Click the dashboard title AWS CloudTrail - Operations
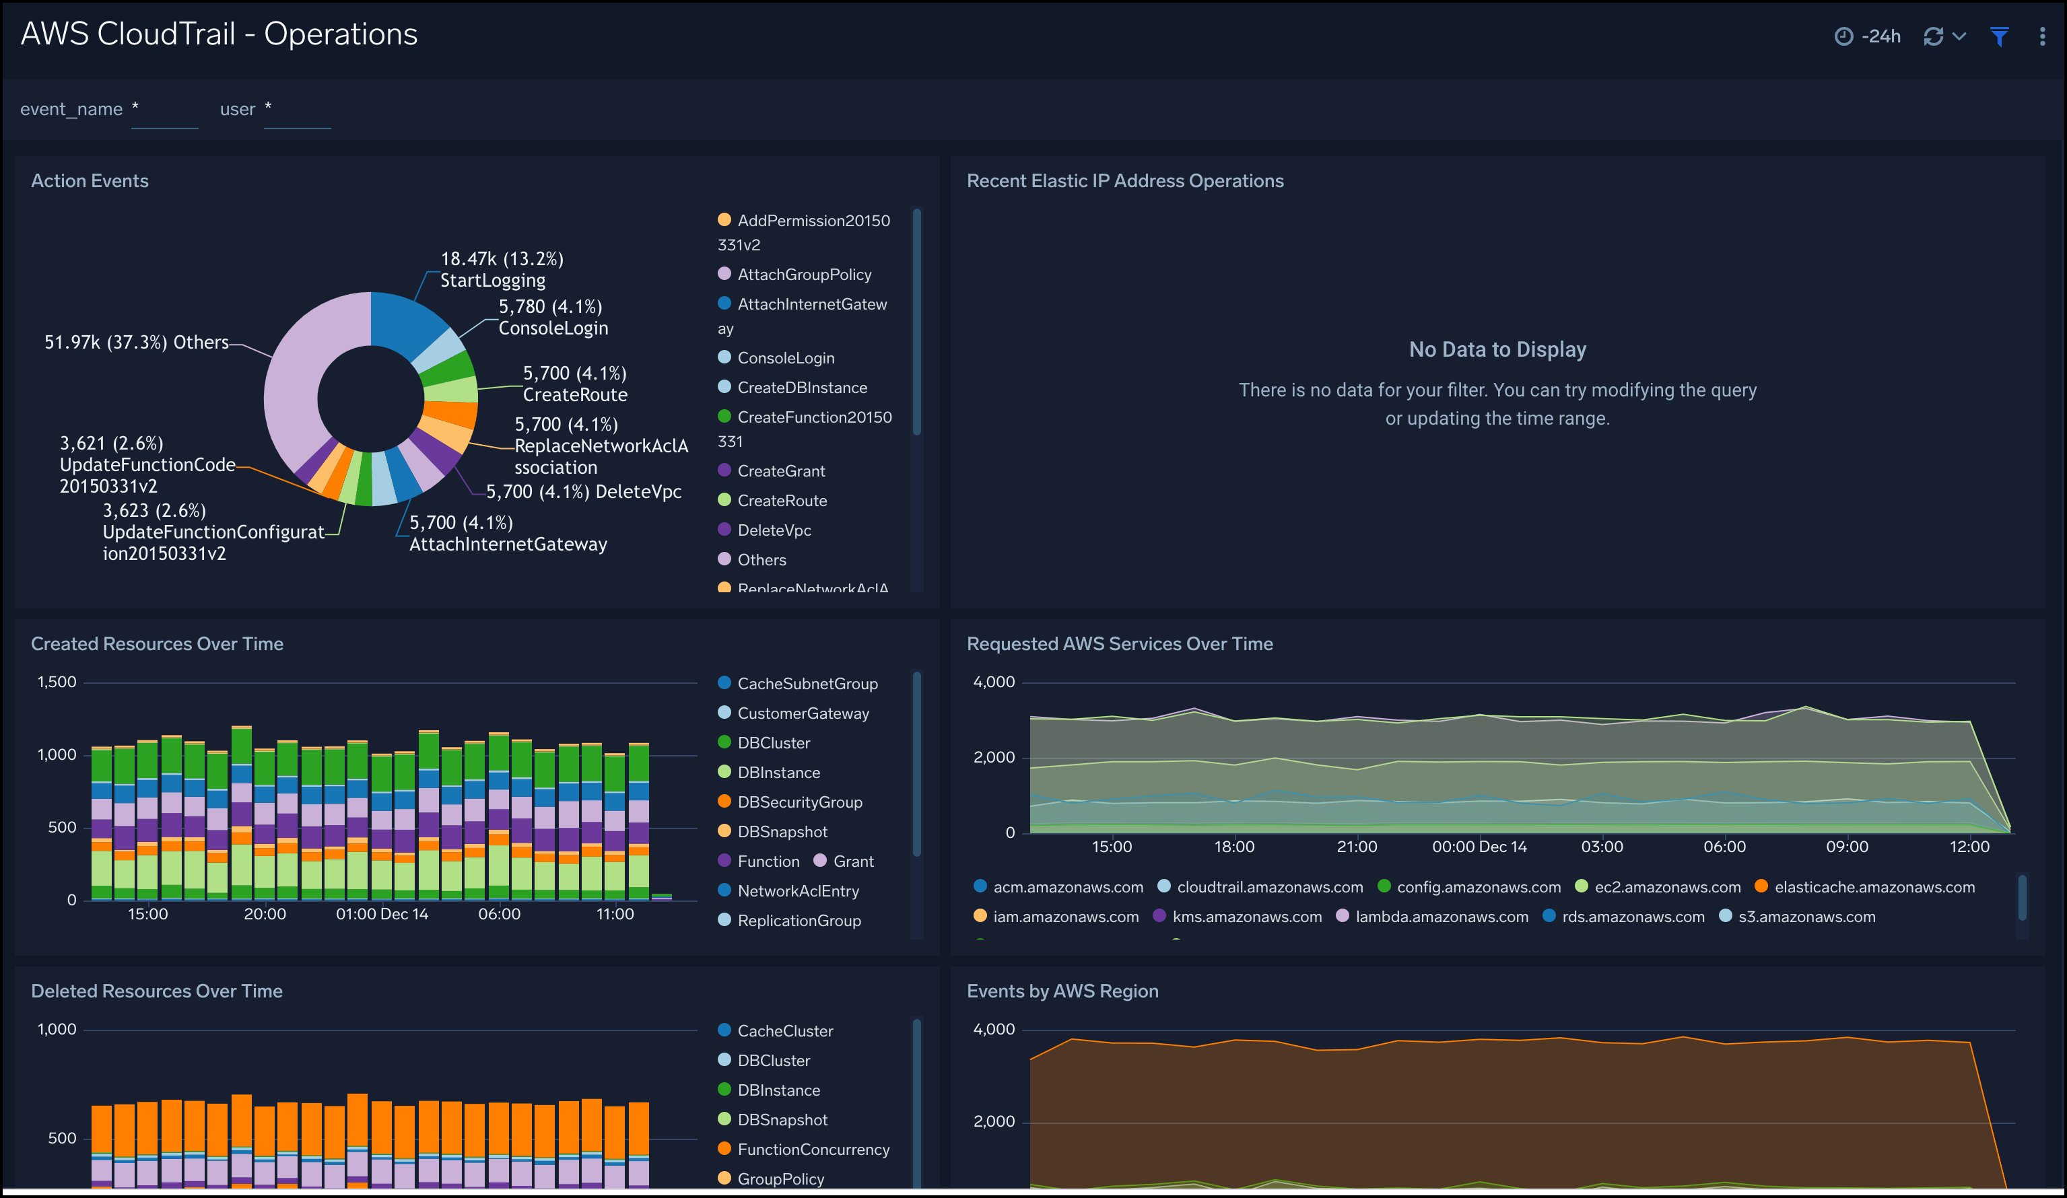(219, 34)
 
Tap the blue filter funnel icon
(1999, 36)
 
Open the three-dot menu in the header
(2041, 36)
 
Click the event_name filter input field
(164, 110)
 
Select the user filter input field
(297, 110)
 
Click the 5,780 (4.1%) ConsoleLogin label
(552, 317)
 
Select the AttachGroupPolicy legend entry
(804, 275)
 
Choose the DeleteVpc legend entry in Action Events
(774, 530)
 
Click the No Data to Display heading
(1497, 349)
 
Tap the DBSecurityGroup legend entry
(799, 802)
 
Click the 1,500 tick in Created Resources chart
(57, 682)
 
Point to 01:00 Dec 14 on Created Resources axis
(382, 913)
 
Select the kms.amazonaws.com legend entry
(1246, 917)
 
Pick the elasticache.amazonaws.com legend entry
(1873, 887)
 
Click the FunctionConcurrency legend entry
(813, 1150)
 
